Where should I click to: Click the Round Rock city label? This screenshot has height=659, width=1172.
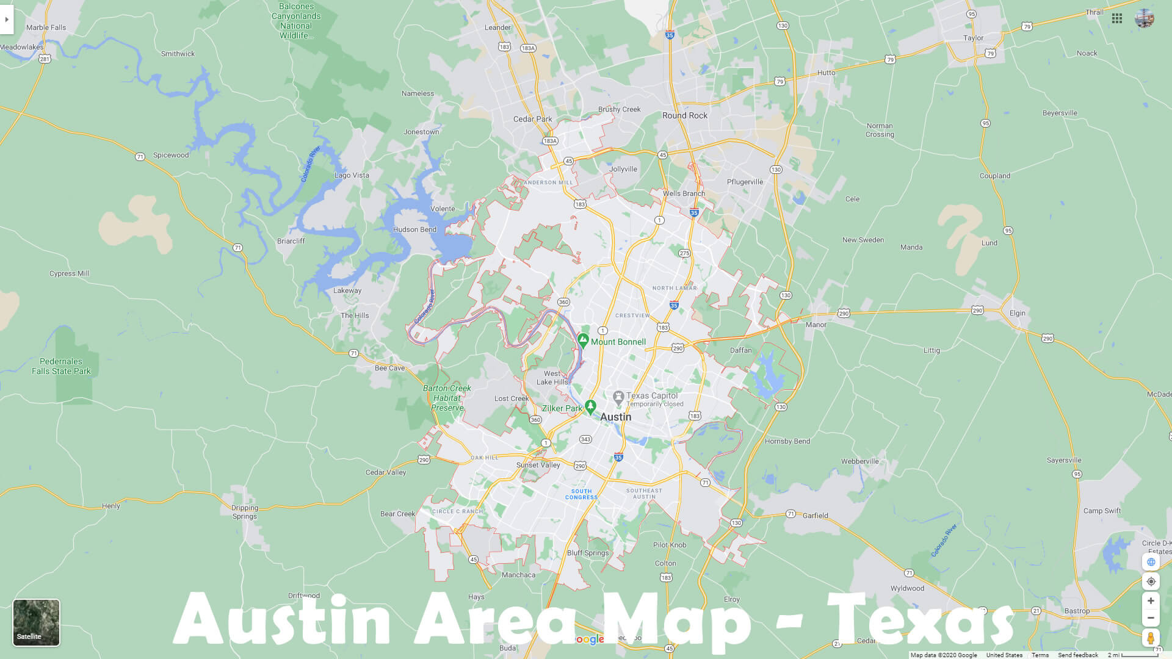point(685,115)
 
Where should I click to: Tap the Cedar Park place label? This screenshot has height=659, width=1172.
point(532,119)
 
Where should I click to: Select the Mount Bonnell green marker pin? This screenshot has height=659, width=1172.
point(583,340)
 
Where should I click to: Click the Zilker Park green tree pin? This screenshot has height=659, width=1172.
point(590,406)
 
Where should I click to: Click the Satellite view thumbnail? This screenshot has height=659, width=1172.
point(37,622)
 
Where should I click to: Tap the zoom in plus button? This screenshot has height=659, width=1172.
point(1151,601)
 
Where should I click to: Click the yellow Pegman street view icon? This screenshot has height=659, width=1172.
point(1151,638)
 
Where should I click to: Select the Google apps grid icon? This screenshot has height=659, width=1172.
point(1117,18)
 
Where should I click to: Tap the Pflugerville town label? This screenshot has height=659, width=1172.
point(745,182)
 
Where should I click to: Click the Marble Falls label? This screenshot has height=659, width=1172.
point(46,27)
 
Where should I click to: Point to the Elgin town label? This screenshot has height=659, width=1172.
point(1018,313)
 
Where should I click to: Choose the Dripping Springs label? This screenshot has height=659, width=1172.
point(245,512)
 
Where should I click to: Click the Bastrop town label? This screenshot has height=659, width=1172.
point(1077,611)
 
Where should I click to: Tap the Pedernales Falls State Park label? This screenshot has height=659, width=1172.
point(61,366)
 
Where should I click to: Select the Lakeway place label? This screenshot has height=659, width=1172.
point(347,290)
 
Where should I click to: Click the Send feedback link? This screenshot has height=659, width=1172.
point(1078,655)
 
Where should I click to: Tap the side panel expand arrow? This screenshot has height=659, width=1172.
point(7,20)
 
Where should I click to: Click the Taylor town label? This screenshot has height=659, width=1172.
point(973,38)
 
